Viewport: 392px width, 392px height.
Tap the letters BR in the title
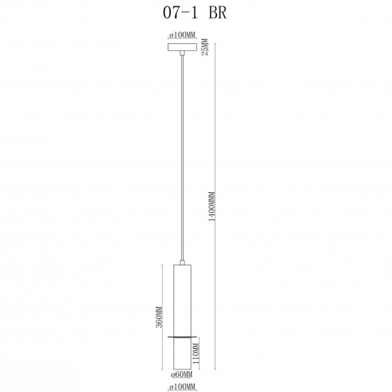[x=218, y=13]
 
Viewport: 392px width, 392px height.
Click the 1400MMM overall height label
[x=212, y=207]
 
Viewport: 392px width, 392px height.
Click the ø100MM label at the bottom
[x=182, y=387]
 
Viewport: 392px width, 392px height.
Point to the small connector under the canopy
[x=182, y=53]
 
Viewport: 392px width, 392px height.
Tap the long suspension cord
[x=182, y=157]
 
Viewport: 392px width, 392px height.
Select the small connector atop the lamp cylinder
[x=182, y=262]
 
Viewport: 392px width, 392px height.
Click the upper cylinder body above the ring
[x=182, y=300]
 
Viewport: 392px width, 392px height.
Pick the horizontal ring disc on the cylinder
[x=182, y=336]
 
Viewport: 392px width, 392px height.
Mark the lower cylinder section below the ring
[x=182, y=353]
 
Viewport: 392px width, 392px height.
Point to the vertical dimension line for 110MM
[x=200, y=365]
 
